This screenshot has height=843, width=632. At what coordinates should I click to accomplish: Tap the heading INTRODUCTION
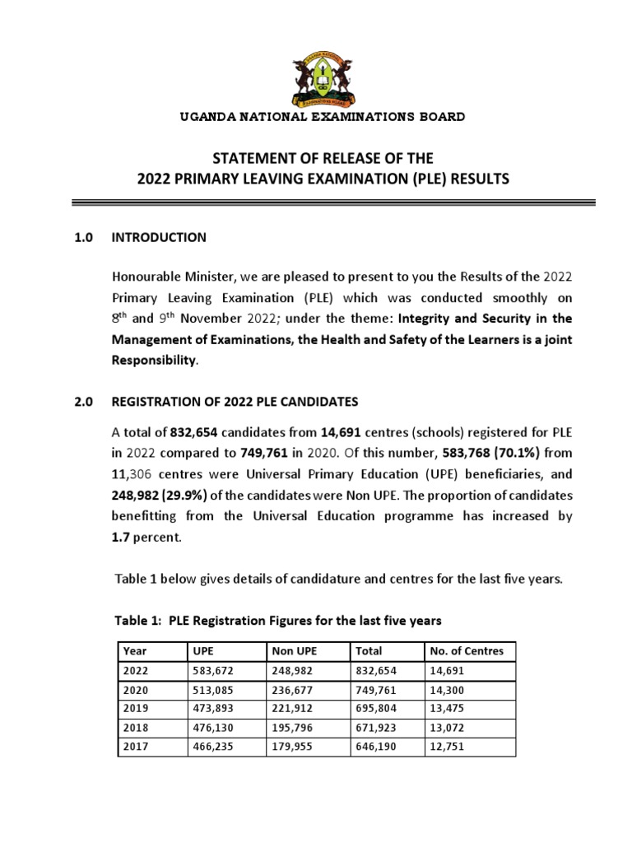[159, 237]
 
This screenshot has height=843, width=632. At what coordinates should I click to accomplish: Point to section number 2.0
[84, 402]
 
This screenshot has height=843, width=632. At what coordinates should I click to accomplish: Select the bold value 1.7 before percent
[121, 537]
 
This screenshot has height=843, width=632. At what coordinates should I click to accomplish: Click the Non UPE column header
[294, 651]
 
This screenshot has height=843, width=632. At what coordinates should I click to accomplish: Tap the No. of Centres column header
[467, 651]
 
